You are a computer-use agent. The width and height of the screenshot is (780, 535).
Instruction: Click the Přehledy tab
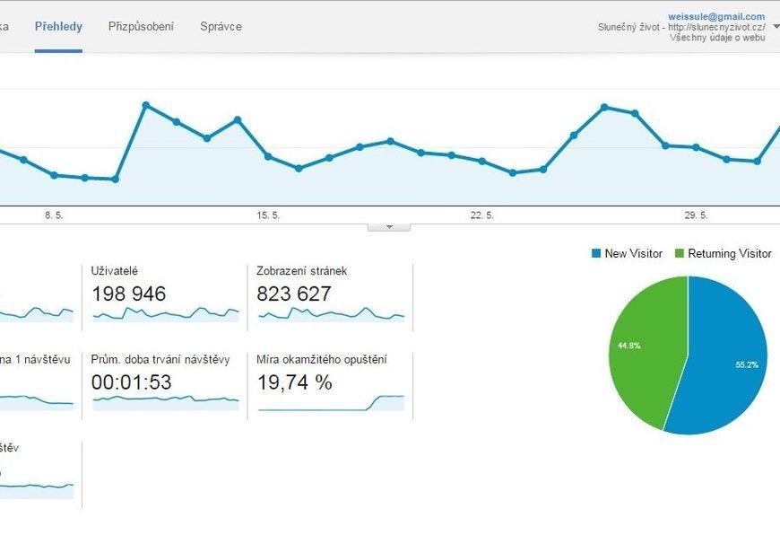click(58, 26)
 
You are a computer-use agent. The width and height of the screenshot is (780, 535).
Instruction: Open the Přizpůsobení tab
click(141, 26)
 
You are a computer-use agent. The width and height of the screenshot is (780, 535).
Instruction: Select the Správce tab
click(221, 26)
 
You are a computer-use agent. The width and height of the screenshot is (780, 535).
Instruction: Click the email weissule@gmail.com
click(716, 16)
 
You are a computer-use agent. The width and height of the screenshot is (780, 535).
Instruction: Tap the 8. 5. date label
click(54, 215)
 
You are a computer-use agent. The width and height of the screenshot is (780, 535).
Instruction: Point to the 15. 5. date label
click(268, 215)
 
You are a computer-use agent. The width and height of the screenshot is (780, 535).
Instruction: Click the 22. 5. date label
click(482, 215)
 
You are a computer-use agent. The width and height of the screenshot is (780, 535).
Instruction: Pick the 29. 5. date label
click(696, 215)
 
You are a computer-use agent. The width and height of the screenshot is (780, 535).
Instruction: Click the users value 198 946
click(128, 294)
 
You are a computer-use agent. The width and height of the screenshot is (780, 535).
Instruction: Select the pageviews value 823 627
click(294, 294)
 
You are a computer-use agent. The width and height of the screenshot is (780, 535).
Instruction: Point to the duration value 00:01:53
click(131, 382)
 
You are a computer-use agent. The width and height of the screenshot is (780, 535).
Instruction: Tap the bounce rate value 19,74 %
click(294, 382)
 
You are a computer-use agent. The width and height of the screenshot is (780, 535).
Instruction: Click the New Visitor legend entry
click(627, 254)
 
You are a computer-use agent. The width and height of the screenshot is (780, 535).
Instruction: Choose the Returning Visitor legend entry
click(723, 254)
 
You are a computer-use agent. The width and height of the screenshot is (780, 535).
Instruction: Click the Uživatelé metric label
click(115, 270)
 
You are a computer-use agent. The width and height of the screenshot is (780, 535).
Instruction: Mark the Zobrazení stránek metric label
click(301, 270)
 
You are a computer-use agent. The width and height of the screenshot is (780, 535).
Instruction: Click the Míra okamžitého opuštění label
click(321, 360)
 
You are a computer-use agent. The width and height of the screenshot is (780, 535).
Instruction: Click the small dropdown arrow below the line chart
click(389, 227)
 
